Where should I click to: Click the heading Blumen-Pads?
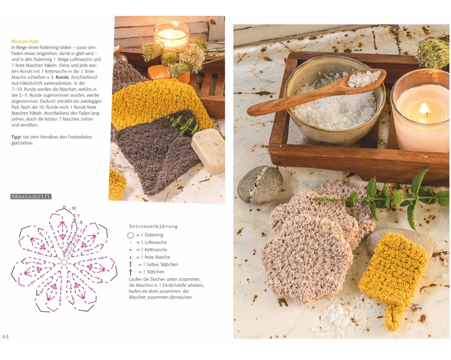point(25,41)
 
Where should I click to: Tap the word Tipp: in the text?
point(16,137)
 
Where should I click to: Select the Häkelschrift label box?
point(31,197)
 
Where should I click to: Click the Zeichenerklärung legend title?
point(153,227)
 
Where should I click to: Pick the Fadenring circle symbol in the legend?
point(131,235)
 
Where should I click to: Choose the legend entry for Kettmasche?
point(148,250)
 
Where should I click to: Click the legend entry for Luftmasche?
point(148,242)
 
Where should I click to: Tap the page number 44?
point(5,336)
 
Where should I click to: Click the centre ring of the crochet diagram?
point(64,262)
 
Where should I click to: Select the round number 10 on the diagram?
point(74,208)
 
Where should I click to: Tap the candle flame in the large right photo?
point(424,109)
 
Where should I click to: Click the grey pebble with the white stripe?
point(260,185)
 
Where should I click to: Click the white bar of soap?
point(208,150)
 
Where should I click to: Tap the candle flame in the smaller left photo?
point(174,25)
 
